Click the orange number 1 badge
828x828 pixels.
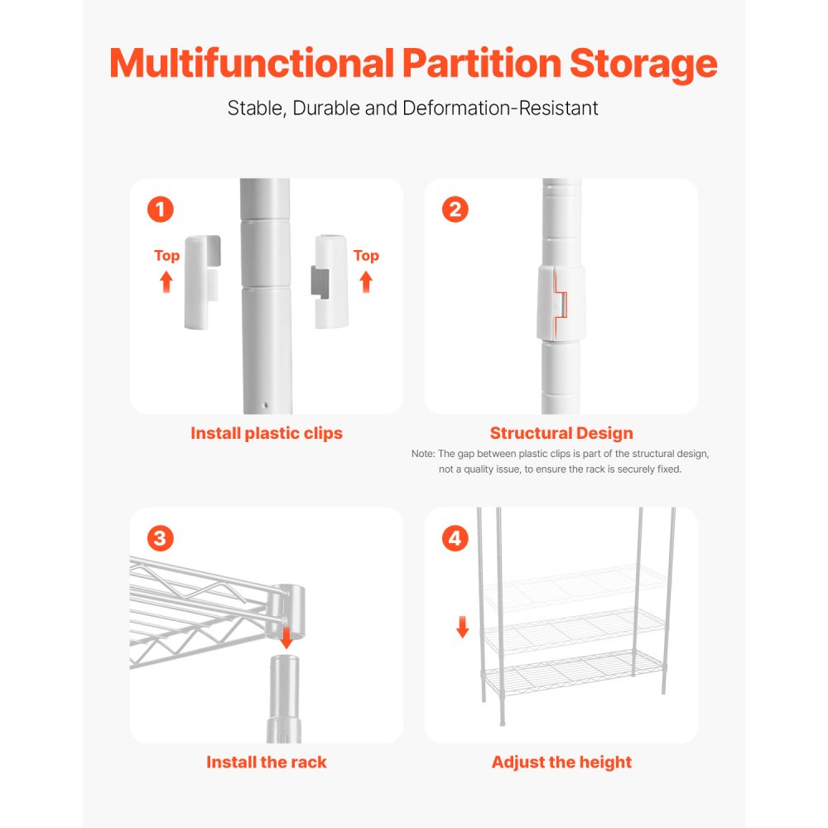[161, 209]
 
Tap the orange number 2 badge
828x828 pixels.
[455, 209]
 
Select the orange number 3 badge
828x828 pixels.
[161, 538]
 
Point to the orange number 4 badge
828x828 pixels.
[455, 538]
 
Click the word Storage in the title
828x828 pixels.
[643, 64]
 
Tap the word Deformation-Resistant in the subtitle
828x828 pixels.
[500, 108]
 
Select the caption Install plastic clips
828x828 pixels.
[267, 433]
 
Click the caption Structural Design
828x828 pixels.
[561, 433]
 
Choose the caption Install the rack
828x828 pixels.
[267, 763]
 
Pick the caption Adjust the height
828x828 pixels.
[561, 763]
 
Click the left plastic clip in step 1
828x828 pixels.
[201, 281]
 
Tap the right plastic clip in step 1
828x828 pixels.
[330, 281]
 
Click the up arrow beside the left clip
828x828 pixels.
[166, 282]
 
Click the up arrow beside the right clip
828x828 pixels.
[366, 282]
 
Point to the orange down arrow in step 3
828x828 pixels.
[286, 638]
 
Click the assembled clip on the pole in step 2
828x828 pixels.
[561, 304]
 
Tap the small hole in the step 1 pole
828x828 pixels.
[265, 407]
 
